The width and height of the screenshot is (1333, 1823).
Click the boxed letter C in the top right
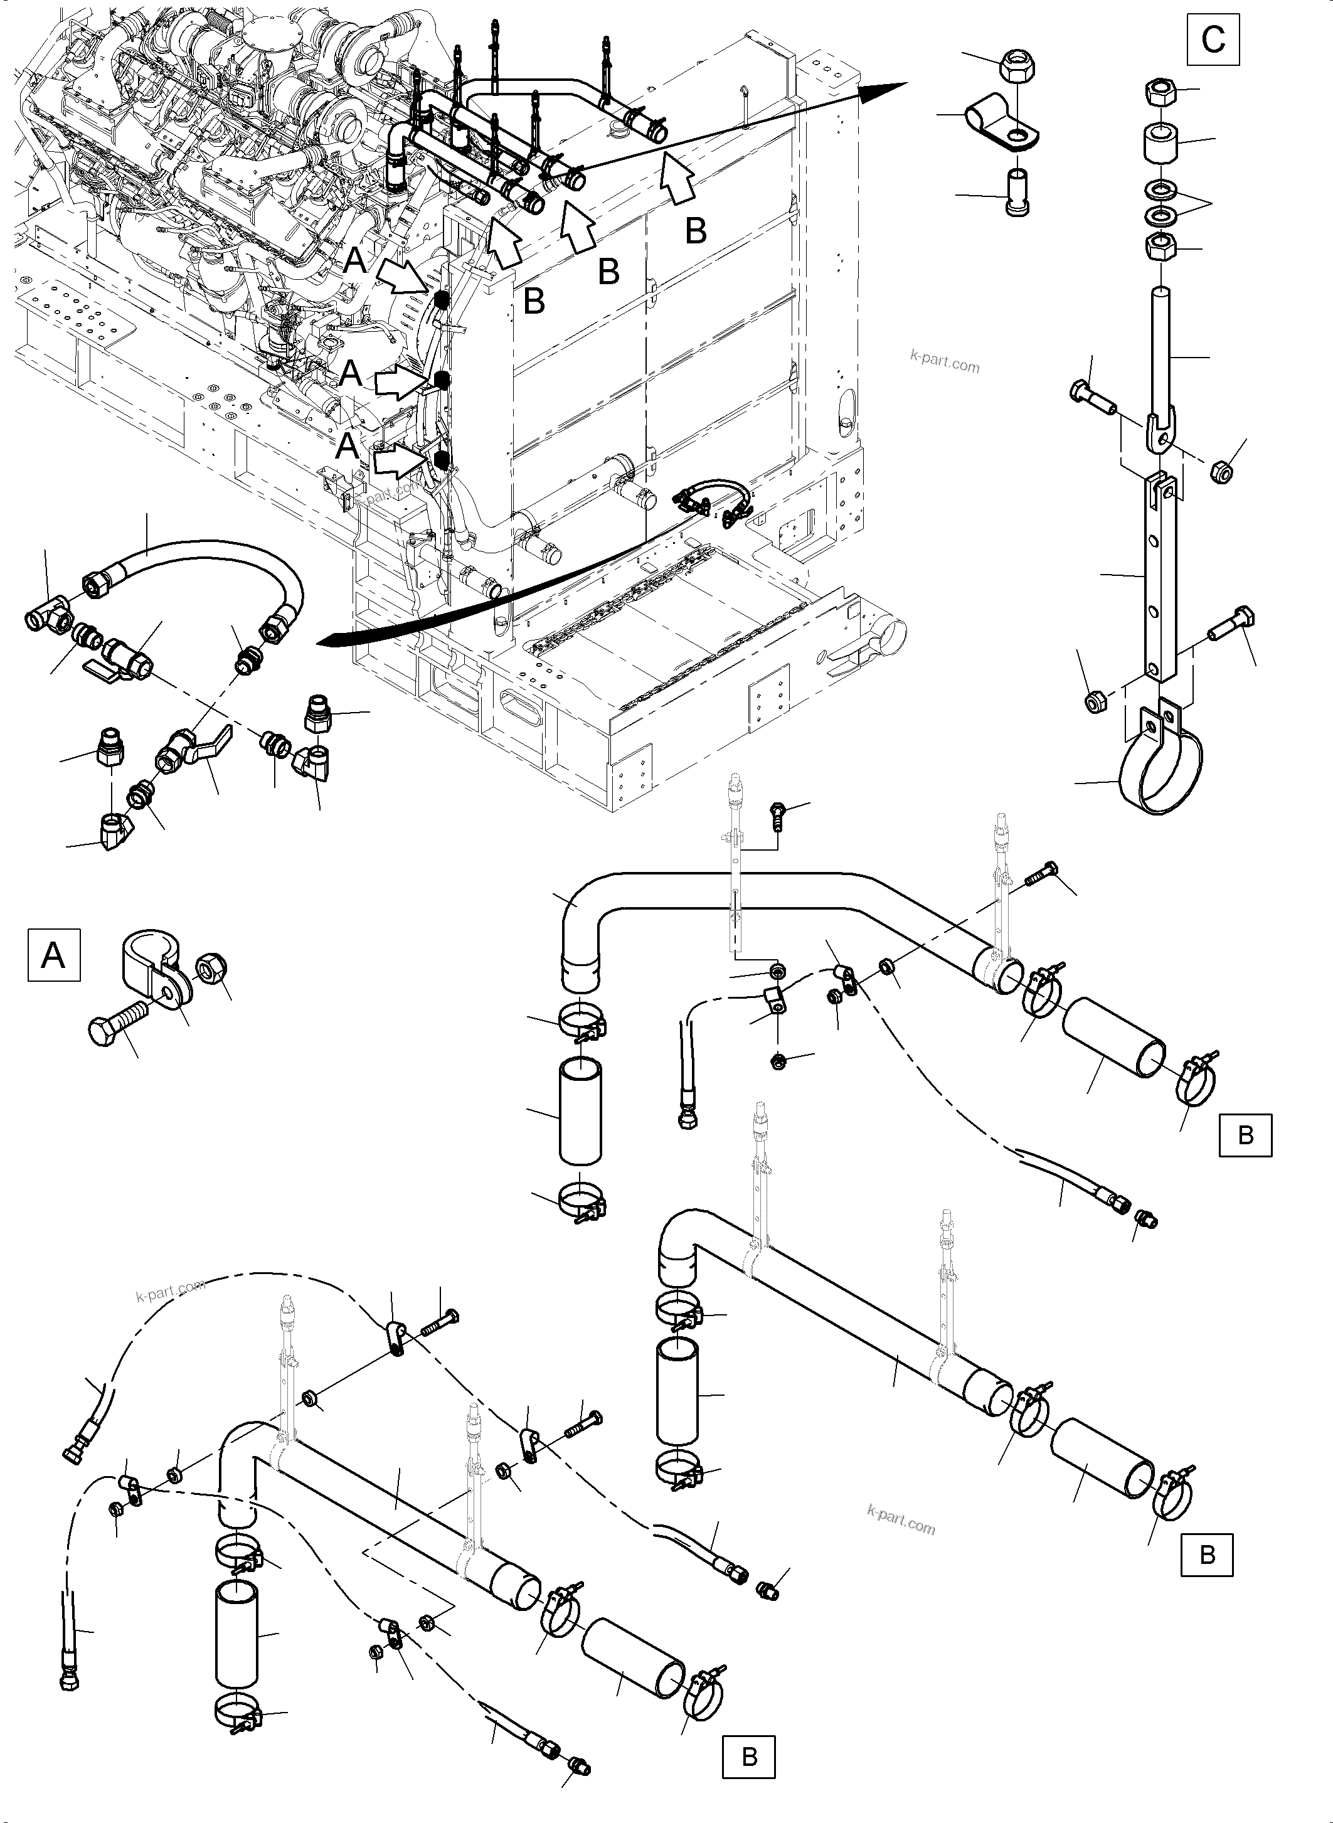click(x=1213, y=40)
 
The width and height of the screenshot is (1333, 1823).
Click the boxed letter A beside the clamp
click(x=54, y=955)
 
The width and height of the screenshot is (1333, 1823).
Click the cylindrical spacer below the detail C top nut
click(x=1159, y=143)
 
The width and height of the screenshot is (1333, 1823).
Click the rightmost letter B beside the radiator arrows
click(x=696, y=231)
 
